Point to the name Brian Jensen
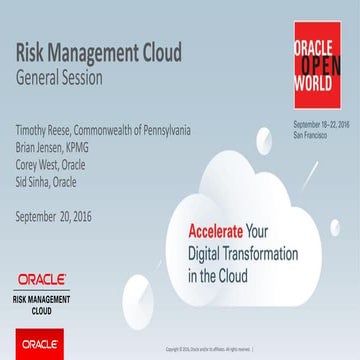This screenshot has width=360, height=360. click(39, 144)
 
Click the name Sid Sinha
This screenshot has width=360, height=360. click(33, 172)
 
